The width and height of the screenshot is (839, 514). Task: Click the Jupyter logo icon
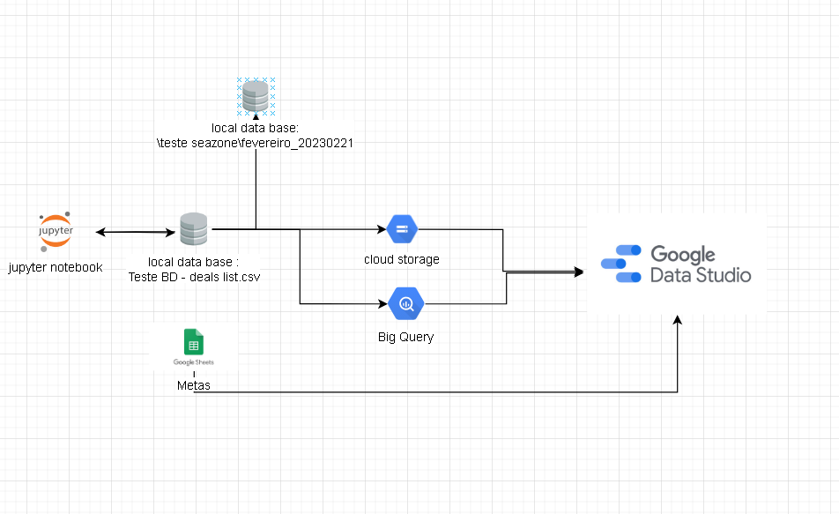tap(56, 232)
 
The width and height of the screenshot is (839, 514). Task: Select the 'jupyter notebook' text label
tap(56, 267)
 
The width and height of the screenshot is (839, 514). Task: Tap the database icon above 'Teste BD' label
tap(194, 229)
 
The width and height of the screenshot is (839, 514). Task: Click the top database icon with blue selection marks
tap(256, 96)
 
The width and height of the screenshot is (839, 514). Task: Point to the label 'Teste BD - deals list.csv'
tap(194, 276)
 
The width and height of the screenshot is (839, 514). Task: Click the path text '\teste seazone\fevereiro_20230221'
tap(255, 143)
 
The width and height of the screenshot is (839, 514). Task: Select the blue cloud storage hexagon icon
tap(401, 230)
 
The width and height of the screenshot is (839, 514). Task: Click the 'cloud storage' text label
tap(401, 259)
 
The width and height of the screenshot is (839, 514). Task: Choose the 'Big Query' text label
tap(405, 337)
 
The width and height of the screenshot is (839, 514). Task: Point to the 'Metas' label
tap(194, 386)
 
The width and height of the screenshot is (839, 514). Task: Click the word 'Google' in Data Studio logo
tap(683, 256)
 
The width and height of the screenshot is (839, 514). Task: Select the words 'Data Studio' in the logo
tap(701, 275)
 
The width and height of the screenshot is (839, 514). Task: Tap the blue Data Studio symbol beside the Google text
tap(621, 264)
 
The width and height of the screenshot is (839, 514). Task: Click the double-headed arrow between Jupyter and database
tap(137, 232)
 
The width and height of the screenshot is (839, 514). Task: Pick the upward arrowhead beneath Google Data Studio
tap(678, 321)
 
